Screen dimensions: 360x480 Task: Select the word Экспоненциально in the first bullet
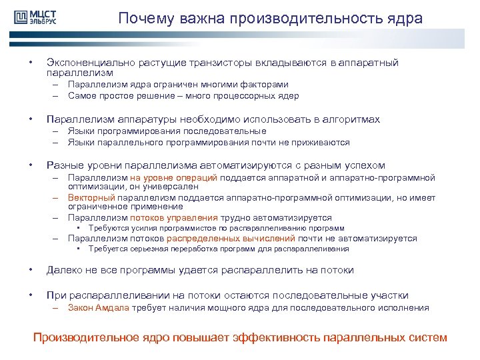click(x=91, y=63)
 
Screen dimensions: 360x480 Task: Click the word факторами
click(x=263, y=85)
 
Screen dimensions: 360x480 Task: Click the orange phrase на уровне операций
click(x=183, y=178)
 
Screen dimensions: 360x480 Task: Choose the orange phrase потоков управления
click(x=174, y=217)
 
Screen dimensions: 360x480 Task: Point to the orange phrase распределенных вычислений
click(x=231, y=238)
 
